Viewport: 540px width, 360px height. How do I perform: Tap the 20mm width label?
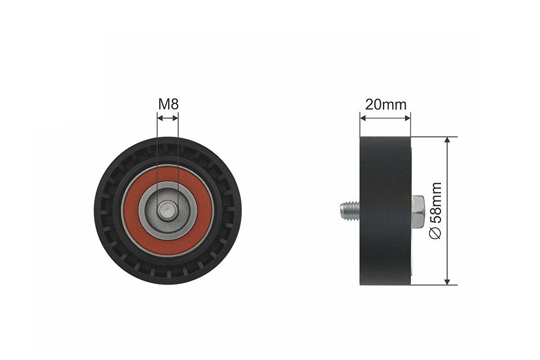point(385,104)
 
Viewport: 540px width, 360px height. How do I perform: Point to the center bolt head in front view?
point(167,211)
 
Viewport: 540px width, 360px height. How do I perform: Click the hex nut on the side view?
point(418,211)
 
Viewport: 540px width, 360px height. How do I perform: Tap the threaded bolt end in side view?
point(349,211)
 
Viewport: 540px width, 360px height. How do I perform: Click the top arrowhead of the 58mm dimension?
point(447,140)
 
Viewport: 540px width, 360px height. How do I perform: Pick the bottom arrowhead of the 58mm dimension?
point(447,281)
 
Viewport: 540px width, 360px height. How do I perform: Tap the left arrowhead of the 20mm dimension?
point(363,118)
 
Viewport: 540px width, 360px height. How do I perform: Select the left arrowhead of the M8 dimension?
point(160,118)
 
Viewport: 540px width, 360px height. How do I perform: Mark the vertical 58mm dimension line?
point(447,169)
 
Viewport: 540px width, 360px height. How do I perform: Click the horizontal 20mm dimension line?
point(385,118)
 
